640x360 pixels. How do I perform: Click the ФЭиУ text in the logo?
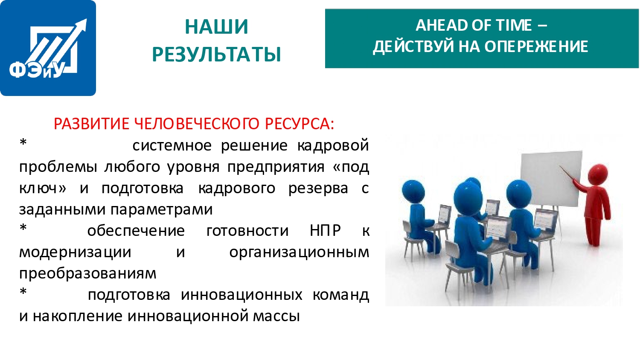click(37, 70)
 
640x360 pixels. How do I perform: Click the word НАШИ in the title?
click(216, 27)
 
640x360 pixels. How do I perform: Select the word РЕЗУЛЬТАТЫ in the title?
click(217, 54)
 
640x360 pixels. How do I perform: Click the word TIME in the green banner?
click(514, 25)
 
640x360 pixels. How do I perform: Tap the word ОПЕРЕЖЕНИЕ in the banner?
click(536, 46)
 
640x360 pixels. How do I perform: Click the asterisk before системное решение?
click(23, 142)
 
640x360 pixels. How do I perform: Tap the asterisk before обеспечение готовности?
click(23, 228)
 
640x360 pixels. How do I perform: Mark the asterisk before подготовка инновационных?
click(23, 292)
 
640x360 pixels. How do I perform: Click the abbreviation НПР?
click(326, 231)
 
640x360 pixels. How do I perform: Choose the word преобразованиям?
click(88, 274)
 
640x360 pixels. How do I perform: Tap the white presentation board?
click(551, 179)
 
